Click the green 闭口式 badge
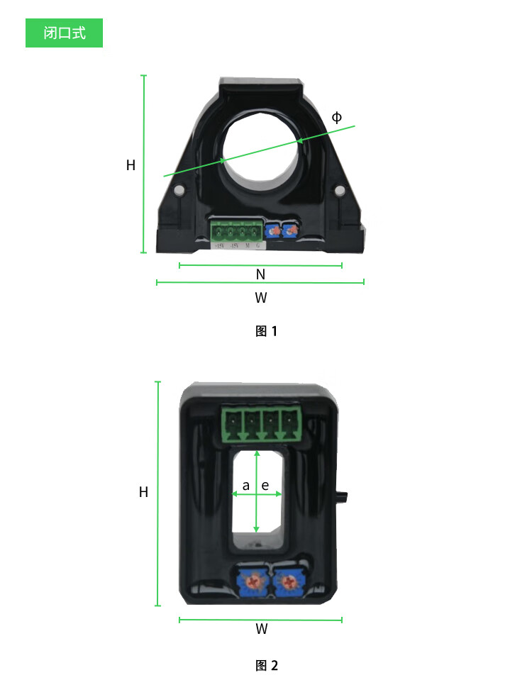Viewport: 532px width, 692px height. (64, 33)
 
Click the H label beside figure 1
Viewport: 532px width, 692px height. (131, 165)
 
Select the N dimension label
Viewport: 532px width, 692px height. (260, 274)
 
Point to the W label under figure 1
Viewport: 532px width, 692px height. (261, 298)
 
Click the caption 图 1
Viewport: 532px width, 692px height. (266, 330)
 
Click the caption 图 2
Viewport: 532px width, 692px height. (266, 665)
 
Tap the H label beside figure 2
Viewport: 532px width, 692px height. (143, 492)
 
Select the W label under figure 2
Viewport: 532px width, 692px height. (261, 629)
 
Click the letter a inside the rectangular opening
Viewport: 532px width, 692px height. (246, 486)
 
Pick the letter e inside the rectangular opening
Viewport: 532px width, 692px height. (265, 486)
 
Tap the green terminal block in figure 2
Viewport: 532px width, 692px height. (261, 424)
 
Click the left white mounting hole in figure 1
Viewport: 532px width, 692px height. (180, 191)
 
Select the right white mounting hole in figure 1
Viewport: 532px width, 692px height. (340, 191)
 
